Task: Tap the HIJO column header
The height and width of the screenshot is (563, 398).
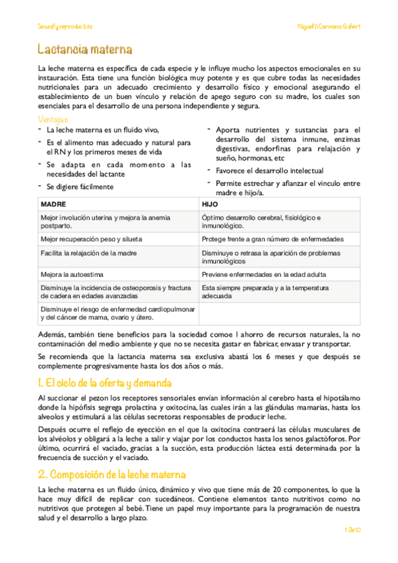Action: (x=209, y=204)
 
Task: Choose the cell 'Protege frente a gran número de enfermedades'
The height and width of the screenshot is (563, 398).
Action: (x=272, y=238)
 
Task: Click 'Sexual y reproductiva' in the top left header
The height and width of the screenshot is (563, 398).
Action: (x=64, y=26)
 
